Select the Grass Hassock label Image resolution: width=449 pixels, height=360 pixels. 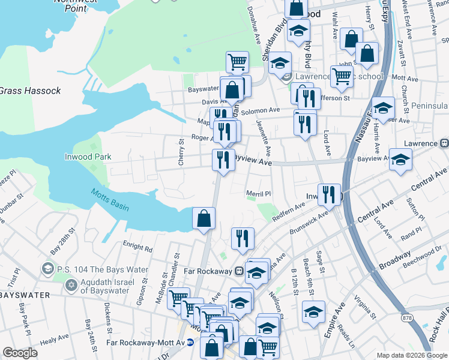point(30,91)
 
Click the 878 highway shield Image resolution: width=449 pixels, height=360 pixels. point(408,318)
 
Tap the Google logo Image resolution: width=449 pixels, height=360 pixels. point(20,353)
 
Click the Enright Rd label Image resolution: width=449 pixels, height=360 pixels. point(137,246)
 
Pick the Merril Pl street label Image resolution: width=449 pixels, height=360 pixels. point(259,194)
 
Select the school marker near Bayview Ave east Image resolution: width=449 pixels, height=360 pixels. point(400,160)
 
